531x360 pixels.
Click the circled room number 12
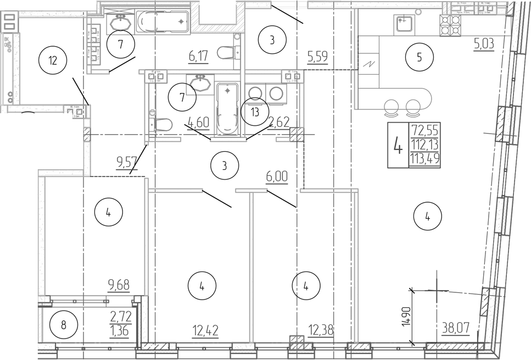(53, 60)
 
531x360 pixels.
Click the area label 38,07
(455, 329)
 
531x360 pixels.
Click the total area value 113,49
(426, 159)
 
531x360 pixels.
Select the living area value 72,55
(426, 131)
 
